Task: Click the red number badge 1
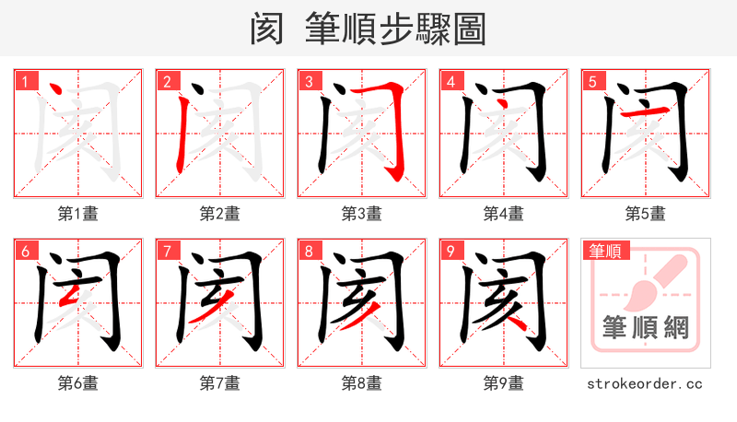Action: tap(25, 82)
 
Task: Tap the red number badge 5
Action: tap(592, 82)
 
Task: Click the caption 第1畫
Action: tap(77, 214)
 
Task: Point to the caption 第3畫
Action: tap(361, 214)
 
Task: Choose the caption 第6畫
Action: tap(77, 383)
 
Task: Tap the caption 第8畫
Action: tap(361, 383)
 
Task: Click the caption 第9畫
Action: tap(503, 383)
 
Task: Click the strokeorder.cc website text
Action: tap(645, 383)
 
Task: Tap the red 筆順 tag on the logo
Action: tap(605, 251)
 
